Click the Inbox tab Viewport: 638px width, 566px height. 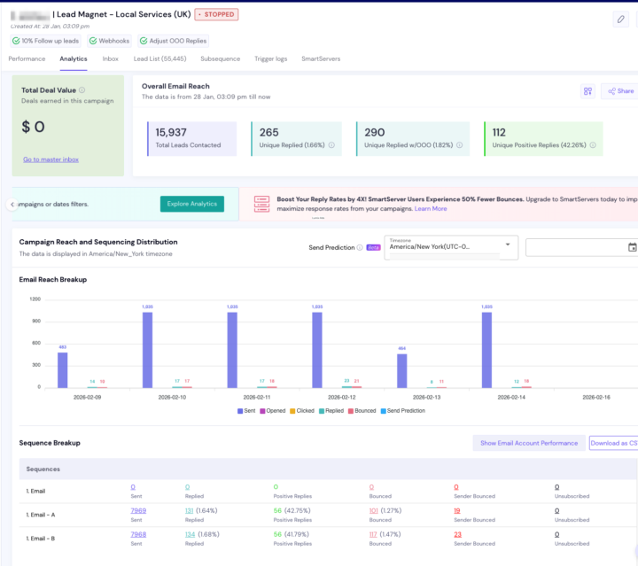coord(110,58)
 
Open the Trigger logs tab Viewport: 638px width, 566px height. coord(270,58)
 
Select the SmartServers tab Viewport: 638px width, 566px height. coord(322,58)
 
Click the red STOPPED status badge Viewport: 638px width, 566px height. coord(216,15)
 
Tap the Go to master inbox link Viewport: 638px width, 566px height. coord(51,159)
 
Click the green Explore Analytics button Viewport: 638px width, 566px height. coord(191,204)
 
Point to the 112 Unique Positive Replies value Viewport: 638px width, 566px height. coord(499,132)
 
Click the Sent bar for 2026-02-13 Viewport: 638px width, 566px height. coord(401,370)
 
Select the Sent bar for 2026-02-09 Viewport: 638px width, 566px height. coord(62,369)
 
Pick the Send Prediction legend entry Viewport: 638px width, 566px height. coord(403,411)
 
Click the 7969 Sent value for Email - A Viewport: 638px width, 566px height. coord(138,510)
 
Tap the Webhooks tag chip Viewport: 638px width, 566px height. coord(111,41)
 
